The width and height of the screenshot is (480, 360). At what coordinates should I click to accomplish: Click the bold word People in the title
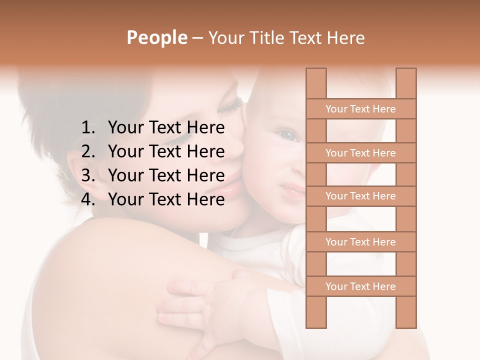click(x=156, y=37)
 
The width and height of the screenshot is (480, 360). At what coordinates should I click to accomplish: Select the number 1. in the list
click(x=88, y=128)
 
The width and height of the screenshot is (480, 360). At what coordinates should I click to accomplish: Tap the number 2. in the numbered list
click(x=88, y=151)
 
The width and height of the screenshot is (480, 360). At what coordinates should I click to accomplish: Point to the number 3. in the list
click(x=88, y=175)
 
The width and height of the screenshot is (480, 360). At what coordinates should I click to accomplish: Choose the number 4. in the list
click(x=88, y=199)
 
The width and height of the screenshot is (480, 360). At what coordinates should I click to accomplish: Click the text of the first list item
click(x=166, y=128)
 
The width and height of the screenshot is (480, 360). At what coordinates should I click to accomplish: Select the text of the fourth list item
click(x=166, y=199)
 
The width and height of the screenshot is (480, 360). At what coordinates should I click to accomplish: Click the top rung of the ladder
click(x=360, y=109)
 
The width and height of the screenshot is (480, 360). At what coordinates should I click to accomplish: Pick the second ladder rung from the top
click(x=360, y=153)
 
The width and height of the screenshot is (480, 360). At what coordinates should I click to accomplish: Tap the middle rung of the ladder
click(x=360, y=196)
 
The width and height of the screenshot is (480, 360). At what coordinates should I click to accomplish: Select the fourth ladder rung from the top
click(x=360, y=242)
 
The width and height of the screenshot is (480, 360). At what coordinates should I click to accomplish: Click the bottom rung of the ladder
click(x=360, y=286)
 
